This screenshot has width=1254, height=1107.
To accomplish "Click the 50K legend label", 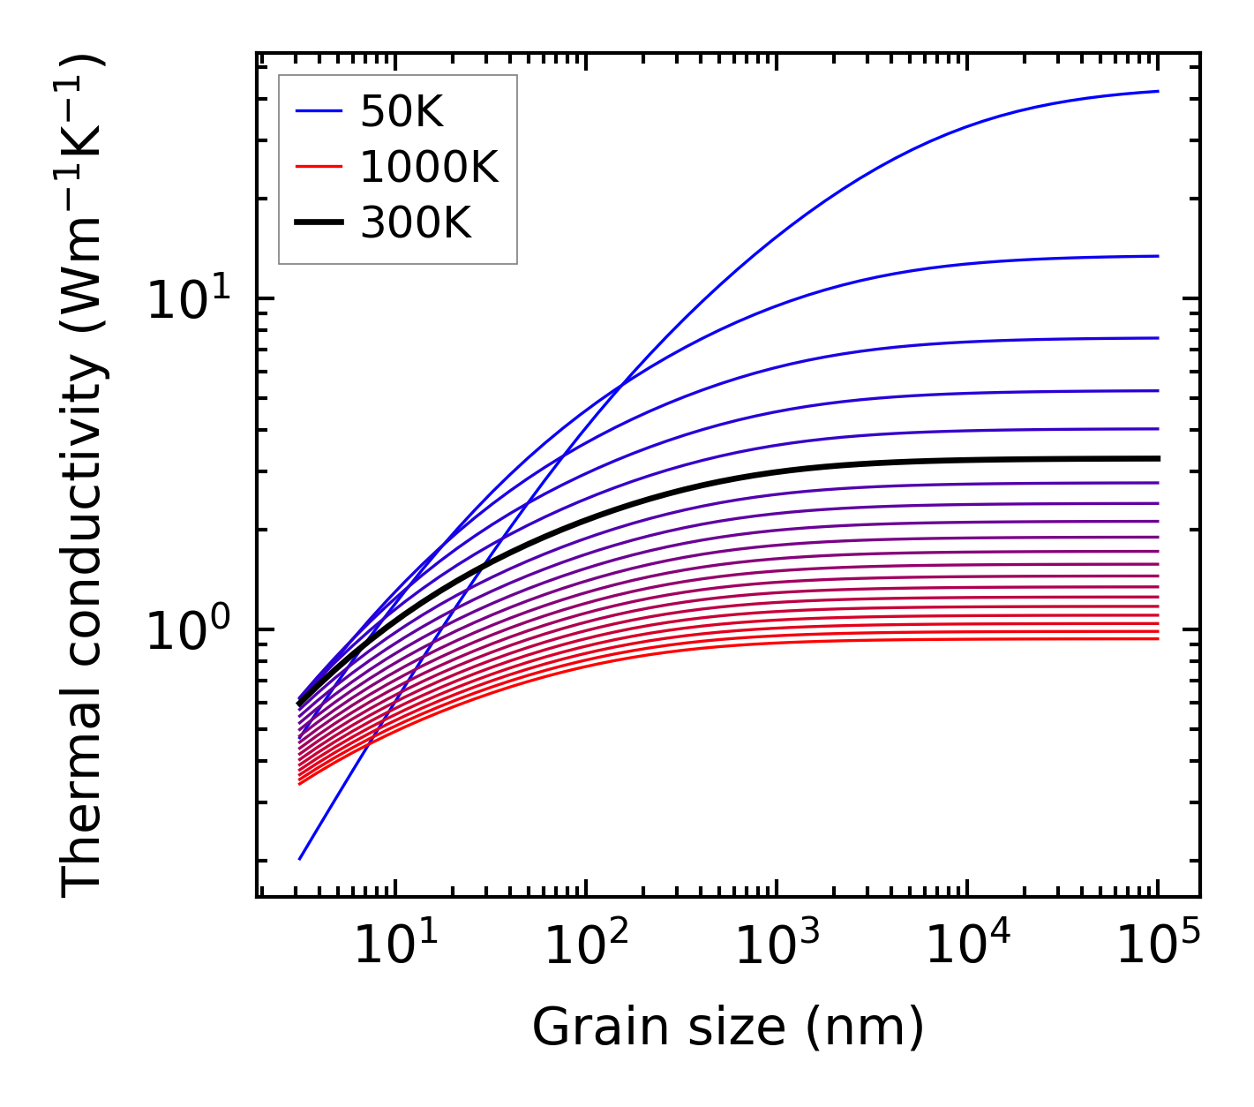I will (x=402, y=111).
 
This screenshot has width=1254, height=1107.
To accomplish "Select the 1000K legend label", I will (x=429, y=167).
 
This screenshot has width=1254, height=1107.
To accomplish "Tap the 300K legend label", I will (x=416, y=223).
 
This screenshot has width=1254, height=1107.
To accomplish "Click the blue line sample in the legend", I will (x=318, y=111).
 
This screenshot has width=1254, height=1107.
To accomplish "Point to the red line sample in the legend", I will (x=318, y=167).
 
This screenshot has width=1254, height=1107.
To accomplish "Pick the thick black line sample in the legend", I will (x=318, y=223).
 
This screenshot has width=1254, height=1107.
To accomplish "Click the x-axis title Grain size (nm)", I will (x=728, y=1028).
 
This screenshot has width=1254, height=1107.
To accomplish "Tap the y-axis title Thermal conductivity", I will (x=84, y=477).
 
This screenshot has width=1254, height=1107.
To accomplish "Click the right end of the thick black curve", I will (x=1158, y=458).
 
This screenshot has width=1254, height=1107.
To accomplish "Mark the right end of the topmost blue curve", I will (x=1158, y=91).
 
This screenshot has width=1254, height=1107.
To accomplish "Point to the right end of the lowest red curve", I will (x=1158, y=638).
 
